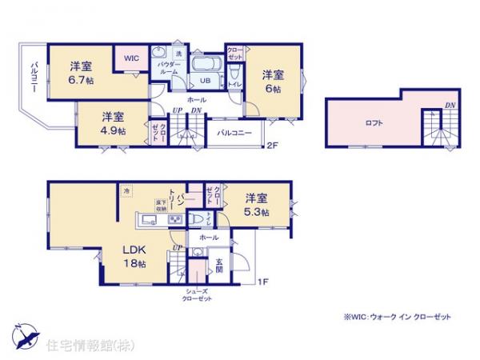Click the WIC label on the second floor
tap(130, 58)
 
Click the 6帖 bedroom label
tap(274, 82)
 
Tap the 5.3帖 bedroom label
tap(256, 204)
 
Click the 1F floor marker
tap(262, 281)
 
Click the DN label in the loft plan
tap(450, 105)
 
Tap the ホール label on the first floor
tap(209, 238)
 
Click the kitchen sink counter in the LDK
tap(152, 219)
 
